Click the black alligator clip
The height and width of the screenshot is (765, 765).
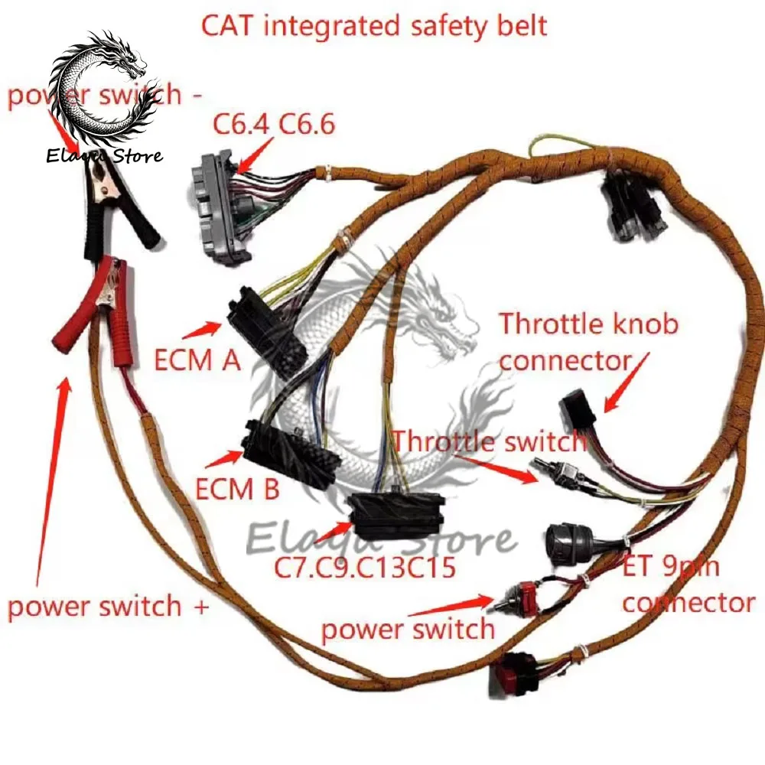click(x=115, y=199)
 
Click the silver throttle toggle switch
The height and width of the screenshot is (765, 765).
click(x=562, y=475)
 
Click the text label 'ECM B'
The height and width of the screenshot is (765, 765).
click(x=237, y=488)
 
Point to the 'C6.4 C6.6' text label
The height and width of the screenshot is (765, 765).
click(x=274, y=123)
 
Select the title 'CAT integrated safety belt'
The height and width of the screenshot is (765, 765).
click(x=374, y=24)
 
